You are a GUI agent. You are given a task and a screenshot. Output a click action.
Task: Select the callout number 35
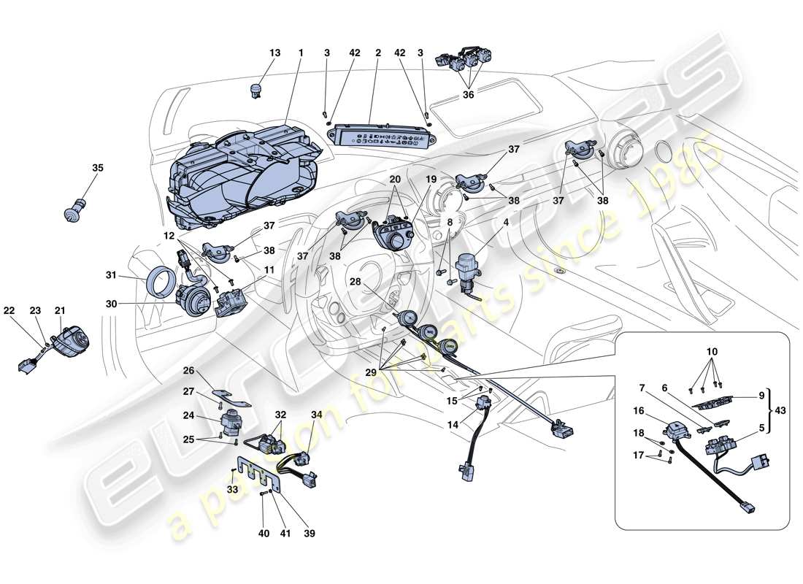tap(98, 168)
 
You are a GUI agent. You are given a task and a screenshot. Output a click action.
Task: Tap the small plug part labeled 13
tap(255, 91)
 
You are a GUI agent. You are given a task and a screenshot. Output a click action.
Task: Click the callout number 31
tap(110, 275)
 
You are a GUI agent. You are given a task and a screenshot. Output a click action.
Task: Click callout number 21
tap(59, 311)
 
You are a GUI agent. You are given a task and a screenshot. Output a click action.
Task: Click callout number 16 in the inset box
tap(639, 411)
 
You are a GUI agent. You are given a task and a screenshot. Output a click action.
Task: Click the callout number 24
tap(188, 416)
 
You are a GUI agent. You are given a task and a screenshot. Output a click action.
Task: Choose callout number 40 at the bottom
tap(264, 534)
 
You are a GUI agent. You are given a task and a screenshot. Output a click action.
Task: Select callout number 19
tap(431, 179)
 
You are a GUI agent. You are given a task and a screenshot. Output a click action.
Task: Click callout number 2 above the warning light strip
tap(378, 53)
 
